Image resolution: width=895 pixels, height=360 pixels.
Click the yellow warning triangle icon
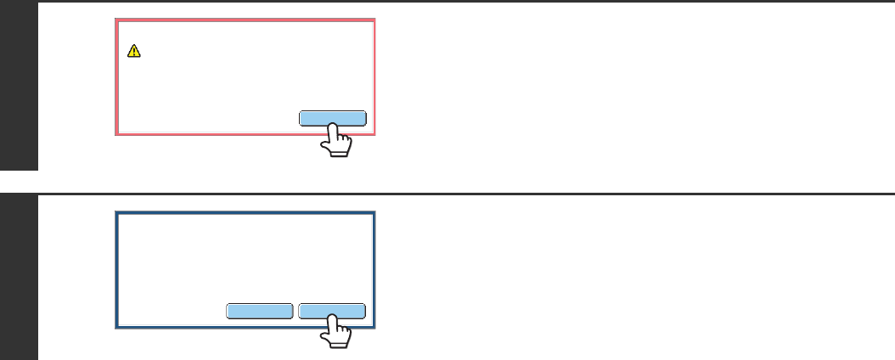coord(133,51)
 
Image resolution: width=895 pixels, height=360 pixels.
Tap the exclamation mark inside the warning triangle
coord(133,52)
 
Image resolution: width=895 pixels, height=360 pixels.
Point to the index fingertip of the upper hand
coord(333,127)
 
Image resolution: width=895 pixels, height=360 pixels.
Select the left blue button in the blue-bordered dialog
coord(260,311)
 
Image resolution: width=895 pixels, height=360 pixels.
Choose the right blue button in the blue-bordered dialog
coord(332,311)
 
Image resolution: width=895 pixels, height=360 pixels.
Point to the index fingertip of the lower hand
coord(333,320)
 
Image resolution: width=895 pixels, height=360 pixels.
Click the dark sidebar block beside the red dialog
coord(19,85)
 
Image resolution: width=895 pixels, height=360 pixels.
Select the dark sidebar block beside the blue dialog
coord(19,277)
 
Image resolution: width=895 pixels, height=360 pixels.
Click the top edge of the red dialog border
coord(245,20)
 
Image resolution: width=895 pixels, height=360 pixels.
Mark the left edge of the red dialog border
coord(116,76)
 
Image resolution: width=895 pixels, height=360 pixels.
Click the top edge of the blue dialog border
coord(245,212)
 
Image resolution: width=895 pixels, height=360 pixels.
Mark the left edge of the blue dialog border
coord(116,270)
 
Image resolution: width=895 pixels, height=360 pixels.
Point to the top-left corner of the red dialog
coord(116,20)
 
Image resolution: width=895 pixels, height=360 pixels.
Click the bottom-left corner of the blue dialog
coord(116,327)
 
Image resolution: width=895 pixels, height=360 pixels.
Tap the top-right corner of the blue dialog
coord(374,212)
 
